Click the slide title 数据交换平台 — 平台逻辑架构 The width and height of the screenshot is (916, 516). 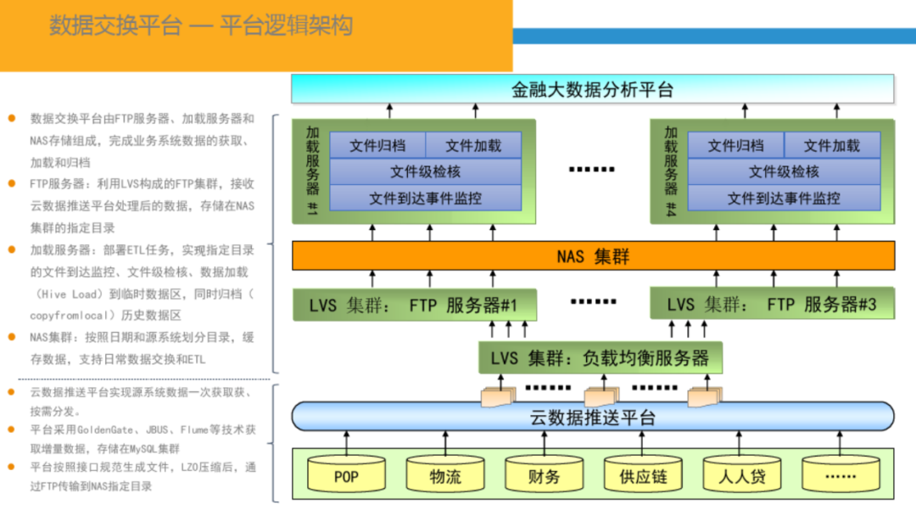(x=200, y=26)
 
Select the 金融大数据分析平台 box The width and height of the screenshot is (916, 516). (x=592, y=89)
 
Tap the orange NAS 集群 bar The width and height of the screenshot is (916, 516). (x=593, y=255)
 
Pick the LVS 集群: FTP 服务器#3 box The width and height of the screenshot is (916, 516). (x=772, y=305)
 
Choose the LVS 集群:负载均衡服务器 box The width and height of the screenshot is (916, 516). (x=600, y=357)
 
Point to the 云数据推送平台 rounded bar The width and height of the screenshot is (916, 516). (x=592, y=417)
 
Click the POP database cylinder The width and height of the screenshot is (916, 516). (x=346, y=476)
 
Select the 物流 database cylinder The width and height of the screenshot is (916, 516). (x=445, y=476)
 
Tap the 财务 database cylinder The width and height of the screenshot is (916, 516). (x=544, y=476)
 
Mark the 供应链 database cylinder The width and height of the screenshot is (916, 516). (x=643, y=476)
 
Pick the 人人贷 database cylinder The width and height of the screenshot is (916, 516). (x=742, y=476)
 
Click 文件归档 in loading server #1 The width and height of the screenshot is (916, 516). (x=377, y=146)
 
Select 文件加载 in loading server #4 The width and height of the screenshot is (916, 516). (x=831, y=146)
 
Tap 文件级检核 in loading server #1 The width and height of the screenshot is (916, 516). (x=425, y=171)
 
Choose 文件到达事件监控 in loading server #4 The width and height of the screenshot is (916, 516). (x=784, y=198)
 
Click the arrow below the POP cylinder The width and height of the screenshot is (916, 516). (x=346, y=441)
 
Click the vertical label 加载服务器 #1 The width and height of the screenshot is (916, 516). (x=312, y=170)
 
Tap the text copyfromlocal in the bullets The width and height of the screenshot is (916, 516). (x=75, y=315)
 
